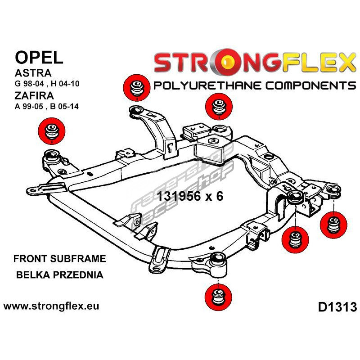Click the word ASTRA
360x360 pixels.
tap(32, 73)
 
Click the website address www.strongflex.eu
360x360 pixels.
tap(51, 306)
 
